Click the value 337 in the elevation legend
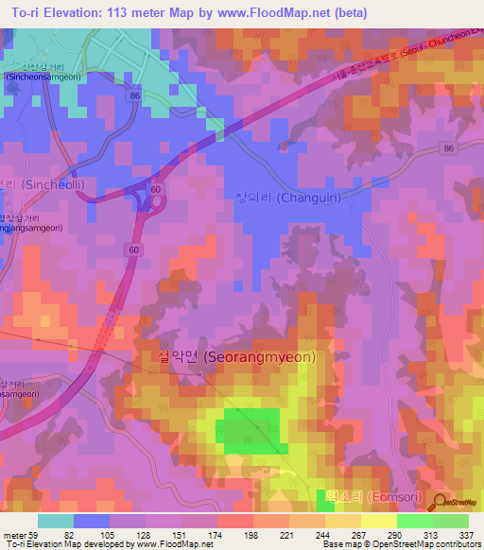pos(467,534)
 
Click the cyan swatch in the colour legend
pos(56,521)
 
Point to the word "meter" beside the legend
pos(13,534)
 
